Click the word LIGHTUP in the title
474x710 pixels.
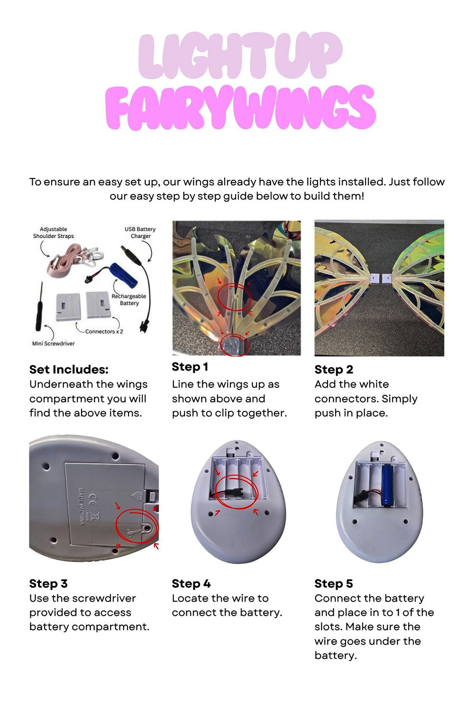[240, 55]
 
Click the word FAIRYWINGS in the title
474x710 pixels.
[240, 107]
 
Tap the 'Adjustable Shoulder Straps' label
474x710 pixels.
[54, 233]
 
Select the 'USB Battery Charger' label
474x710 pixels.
[140, 233]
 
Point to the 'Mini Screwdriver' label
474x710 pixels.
[54, 344]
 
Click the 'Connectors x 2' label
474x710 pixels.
[104, 331]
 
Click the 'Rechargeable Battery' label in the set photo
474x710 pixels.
[129, 300]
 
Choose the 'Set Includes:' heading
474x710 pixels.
[69, 370]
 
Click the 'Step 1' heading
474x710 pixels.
[190, 367]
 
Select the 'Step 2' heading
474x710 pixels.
[334, 370]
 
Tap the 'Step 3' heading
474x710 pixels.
[48, 584]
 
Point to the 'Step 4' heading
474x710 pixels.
[191, 584]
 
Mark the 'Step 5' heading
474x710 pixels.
[334, 584]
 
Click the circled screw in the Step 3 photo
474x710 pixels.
[148, 527]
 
